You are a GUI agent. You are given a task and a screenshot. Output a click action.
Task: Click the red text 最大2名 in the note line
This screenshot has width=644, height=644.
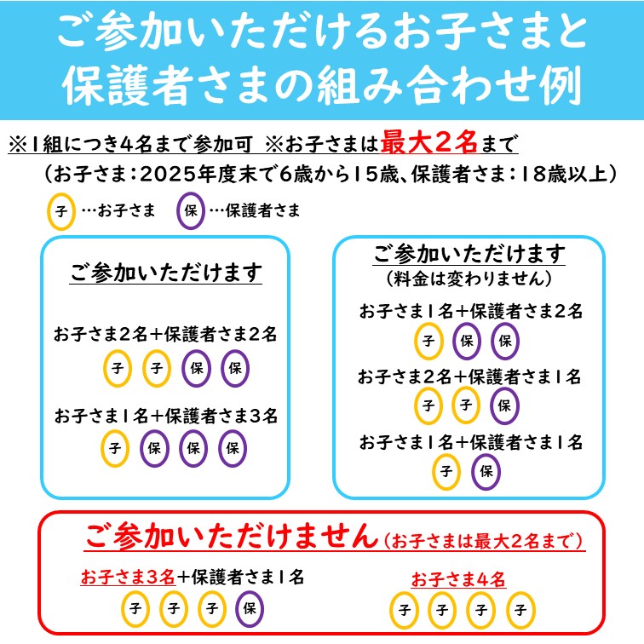pyautogui.click(x=428, y=142)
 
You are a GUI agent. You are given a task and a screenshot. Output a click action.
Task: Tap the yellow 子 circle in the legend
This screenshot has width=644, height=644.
pyautogui.click(x=61, y=211)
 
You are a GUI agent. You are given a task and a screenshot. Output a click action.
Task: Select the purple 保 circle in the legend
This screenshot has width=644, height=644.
pyautogui.click(x=191, y=210)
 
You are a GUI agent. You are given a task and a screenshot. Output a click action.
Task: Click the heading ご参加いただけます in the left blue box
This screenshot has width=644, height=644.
pyautogui.click(x=165, y=273)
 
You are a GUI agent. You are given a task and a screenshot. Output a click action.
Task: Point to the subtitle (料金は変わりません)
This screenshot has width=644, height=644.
pyautogui.click(x=469, y=279)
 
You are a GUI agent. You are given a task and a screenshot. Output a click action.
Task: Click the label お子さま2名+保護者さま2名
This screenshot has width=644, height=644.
pyautogui.click(x=165, y=334)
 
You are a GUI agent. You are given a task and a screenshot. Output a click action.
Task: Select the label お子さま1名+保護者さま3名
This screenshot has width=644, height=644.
pyautogui.click(x=166, y=416)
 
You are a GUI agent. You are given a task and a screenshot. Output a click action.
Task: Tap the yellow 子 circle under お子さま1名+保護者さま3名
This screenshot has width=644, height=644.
pyautogui.click(x=115, y=448)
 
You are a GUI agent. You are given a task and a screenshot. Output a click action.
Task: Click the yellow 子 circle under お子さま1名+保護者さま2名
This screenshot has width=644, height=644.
pyautogui.click(x=428, y=341)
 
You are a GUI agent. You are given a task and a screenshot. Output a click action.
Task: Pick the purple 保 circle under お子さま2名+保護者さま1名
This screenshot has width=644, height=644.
pyautogui.click(x=504, y=405)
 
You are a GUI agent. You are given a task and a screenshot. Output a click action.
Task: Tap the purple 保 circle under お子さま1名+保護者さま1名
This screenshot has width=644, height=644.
pyautogui.click(x=486, y=472)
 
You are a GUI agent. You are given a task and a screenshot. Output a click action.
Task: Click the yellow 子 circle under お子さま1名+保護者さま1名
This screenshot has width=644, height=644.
pyautogui.click(x=446, y=472)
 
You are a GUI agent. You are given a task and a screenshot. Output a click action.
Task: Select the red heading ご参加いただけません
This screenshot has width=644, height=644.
pyautogui.click(x=232, y=536)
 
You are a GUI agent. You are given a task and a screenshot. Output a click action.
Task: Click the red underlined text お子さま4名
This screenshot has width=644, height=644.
pyautogui.click(x=458, y=579)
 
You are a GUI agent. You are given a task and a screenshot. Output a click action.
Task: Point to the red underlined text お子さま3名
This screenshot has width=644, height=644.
pyautogui.click(x=128, y=577)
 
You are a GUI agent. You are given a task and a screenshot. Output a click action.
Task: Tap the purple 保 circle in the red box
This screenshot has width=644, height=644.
pyautogui.click(x=250, y=609)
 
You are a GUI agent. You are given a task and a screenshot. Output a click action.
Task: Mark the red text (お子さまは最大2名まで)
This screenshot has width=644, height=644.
pyautogui.click(x=483, y=541)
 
